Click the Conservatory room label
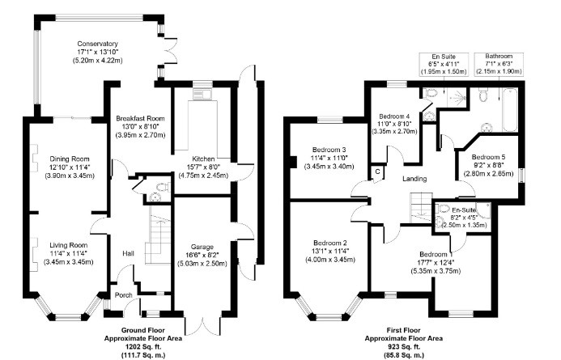[98, 44]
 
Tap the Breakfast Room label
[140, 118]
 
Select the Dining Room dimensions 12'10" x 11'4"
[68, 168]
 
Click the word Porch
[123, 295]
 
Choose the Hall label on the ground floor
[128, 253]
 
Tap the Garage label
[203, 245]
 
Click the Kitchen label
[203, 158]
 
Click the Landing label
[414, 179]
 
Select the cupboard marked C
[377, 172]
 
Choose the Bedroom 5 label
[489, 157]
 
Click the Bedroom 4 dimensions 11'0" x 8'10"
[393, 123]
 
